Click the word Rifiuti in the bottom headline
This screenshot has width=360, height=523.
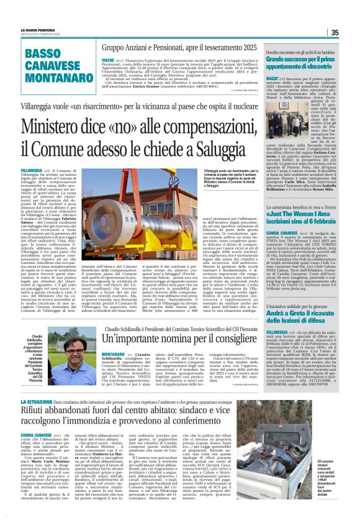(33, 413)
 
